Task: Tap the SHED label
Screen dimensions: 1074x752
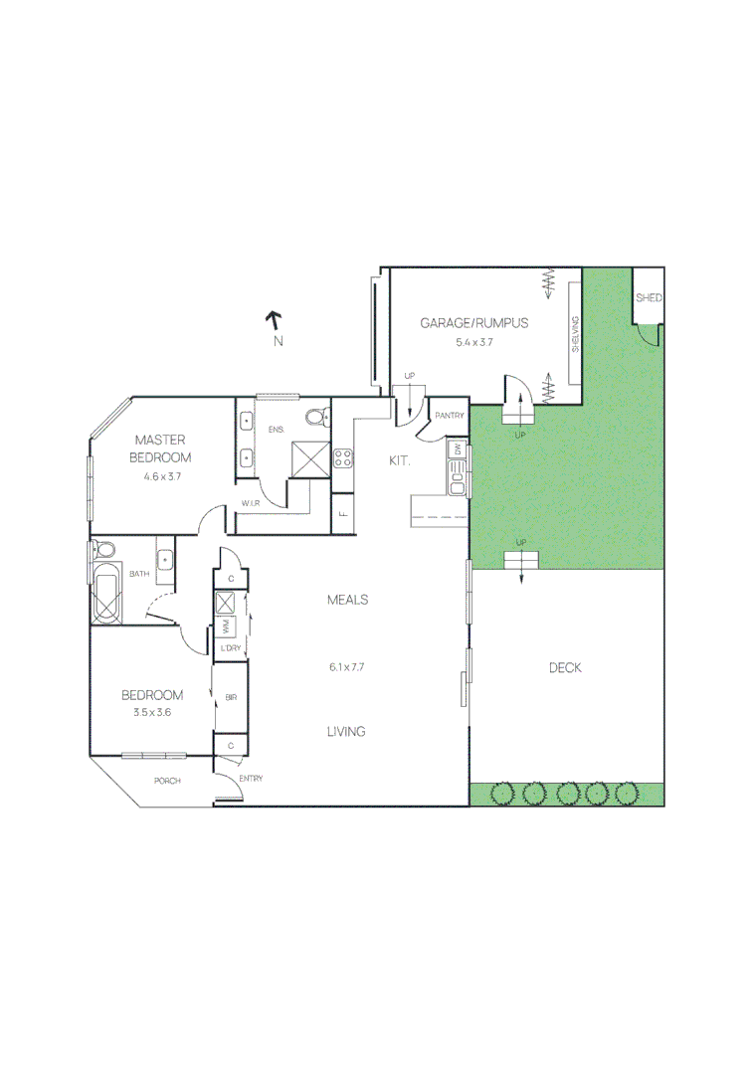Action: (649, 298)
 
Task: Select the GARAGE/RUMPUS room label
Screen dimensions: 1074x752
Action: (473, 322)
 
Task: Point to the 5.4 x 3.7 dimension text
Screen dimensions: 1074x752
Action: (474, 341)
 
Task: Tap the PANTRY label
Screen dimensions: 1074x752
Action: (450, 416)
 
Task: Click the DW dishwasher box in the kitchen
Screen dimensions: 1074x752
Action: (458, 449)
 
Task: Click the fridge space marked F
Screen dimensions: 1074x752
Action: (342, 514)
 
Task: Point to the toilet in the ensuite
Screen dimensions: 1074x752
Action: (317, 417)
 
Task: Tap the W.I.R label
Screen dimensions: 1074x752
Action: (251, 503)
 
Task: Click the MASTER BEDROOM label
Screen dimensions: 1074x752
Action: (162, 448)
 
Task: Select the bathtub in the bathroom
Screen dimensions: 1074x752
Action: (105, 594)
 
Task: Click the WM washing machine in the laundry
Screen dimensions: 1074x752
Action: (226, 626)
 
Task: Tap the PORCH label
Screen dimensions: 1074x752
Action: (167, 781)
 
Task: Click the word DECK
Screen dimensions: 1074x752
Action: (565, 667)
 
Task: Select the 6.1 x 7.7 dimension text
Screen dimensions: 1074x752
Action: (347, 667)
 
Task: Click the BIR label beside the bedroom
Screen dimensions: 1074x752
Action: (231, 698)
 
